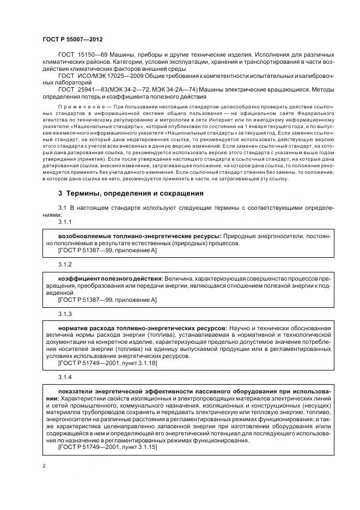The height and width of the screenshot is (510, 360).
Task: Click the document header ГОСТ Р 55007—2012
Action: click(x=72, y=40)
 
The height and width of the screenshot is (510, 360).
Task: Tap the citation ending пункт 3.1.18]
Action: click(x=138, y=363)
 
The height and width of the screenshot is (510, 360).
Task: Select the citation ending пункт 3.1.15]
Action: click(x=138, y=447)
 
